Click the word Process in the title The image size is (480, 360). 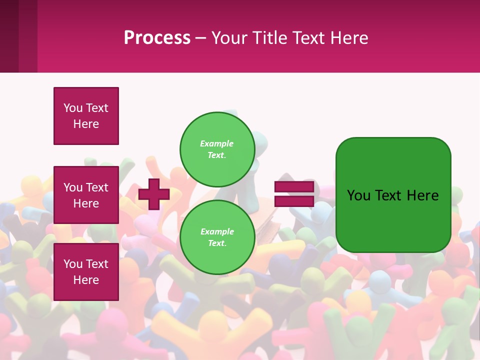click(157, 38)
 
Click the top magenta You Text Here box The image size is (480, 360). click(86, 116)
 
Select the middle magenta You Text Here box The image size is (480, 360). click(86, 195)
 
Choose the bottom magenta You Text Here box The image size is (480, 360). click(86, 272)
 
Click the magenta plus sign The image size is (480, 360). click(154, 194)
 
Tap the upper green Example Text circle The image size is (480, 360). click(217, 149)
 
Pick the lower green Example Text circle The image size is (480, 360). click(217, 237)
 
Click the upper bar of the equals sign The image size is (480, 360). click(294, 187)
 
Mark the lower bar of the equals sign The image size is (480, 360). click(294, 201)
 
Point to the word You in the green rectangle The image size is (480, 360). click(358, 195)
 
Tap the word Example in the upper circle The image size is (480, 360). click(217, 143)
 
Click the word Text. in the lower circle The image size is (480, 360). click(217, 243)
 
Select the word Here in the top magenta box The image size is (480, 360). click(86, 124)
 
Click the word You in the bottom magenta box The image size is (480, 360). click(72, 264)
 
